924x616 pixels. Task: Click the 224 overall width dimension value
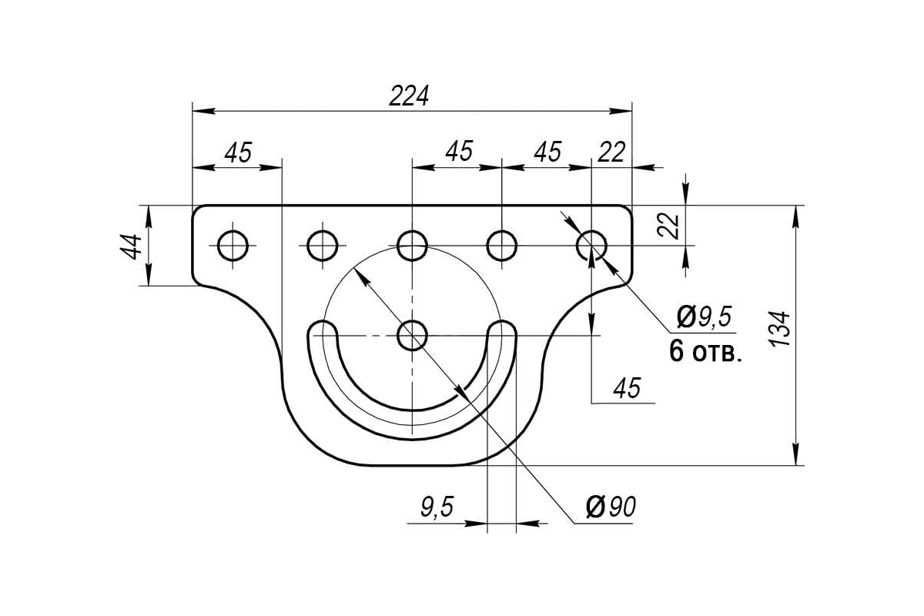tap(409, 96)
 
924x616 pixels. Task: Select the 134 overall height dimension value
tap(779, 329)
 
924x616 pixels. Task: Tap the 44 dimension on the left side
tap(131, 246)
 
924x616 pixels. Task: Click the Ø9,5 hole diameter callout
tap(705, 317)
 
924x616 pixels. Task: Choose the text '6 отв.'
tap(705, 351)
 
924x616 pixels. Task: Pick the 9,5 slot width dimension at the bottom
tap(437, 506)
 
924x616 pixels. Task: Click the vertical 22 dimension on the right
tap(668, 226)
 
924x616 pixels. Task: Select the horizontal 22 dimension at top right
tap(611, 152)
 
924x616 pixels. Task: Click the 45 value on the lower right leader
tap(627, 387)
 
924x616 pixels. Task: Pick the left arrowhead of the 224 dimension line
tap(204, 111)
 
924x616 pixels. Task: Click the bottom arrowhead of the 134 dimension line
tap(796, 454)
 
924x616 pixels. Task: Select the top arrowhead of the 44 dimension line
tap(149, 216)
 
